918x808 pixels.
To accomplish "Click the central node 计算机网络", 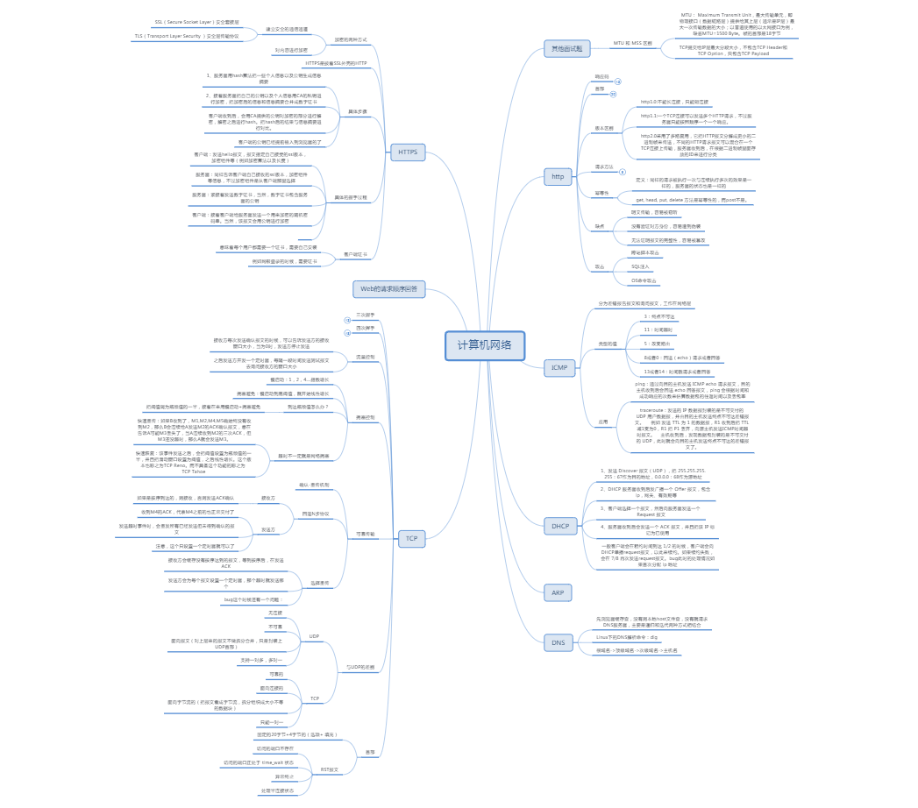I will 490,344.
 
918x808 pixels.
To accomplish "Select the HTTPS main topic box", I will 408,152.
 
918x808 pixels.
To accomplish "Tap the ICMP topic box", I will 559,367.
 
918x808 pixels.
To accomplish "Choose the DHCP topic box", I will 560,526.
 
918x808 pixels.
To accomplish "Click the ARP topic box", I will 558,593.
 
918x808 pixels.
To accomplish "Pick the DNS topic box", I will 558,642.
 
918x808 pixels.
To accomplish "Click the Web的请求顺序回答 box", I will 388,288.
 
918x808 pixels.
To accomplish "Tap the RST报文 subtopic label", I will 329,769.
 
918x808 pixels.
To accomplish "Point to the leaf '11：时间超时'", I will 658,329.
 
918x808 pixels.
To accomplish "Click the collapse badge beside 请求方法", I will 623,172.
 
